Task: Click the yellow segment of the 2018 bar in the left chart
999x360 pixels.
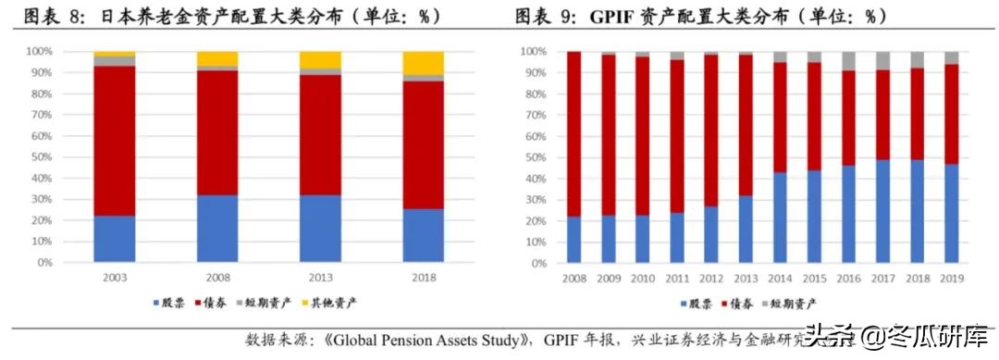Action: tap(425, 63)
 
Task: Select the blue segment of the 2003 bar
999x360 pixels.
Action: tap(115, 239)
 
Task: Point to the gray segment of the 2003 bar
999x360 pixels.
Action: tap(115, 61)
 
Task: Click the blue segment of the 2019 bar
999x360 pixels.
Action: tap(952, 213)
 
